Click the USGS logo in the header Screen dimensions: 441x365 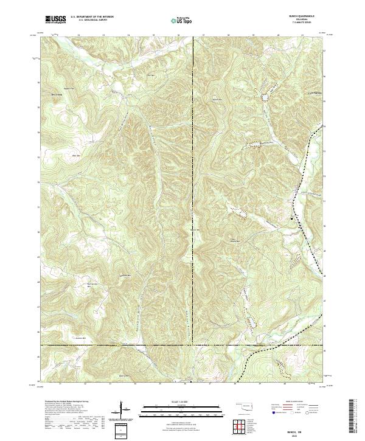tap(56, 20)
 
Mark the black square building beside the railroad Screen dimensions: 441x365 tap(291, 218)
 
